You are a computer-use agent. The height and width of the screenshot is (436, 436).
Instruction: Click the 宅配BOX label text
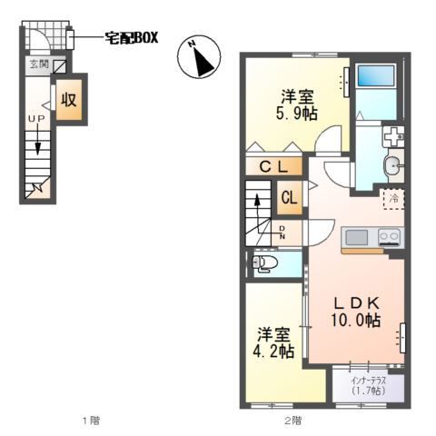pos(132,38)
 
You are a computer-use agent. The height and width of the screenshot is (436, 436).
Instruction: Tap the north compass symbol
pos(199,56)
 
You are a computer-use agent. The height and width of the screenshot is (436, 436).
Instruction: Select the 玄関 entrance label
pos(39,64)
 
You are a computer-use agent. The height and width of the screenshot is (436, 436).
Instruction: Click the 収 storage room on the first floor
pos(69,99)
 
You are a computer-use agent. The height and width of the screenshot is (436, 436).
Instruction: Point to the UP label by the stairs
pos(36,119)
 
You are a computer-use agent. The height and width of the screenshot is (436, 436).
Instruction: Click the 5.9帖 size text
pos(296,114)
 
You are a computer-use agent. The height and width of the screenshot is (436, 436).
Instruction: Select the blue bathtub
pos(375,75)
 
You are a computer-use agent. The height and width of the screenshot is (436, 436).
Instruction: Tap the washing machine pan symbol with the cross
pos(393,136)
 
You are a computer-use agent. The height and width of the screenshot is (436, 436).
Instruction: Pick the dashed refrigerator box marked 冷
pos(394,199)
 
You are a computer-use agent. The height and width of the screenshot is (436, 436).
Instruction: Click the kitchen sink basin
pos(357,237)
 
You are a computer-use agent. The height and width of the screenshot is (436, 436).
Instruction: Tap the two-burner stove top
pos(390,237)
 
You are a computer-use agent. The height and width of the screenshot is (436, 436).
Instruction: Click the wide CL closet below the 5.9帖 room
pos(273,166)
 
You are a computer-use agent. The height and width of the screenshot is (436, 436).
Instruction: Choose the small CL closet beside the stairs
pos(290,197)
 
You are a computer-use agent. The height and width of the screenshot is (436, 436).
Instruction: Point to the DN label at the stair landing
pos(282,233)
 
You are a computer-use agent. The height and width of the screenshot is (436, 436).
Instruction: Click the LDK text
pos(356,302)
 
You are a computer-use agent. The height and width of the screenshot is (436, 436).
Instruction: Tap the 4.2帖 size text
pos(273,352)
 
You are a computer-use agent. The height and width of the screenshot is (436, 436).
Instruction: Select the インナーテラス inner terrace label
pos(369,381)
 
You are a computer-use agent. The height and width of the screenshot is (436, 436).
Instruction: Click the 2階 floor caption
pos(292,421)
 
